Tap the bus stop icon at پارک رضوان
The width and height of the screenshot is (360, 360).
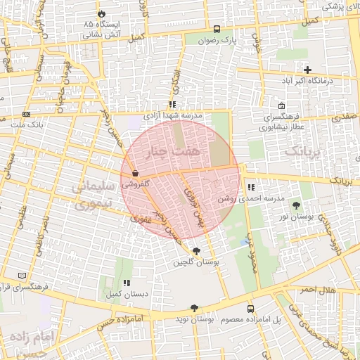pos(216,30)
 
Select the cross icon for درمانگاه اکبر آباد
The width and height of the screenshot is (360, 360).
pos(307,69)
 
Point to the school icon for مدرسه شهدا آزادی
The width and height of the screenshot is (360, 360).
pos(172,104)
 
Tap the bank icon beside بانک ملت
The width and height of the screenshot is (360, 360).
pos(27,114)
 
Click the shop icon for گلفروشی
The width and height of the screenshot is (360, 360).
pos(134,173)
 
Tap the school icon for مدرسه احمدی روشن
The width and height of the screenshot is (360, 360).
pos(251,188)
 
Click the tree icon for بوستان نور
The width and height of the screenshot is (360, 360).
pos(296,205)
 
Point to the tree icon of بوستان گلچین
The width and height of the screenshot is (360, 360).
pos(195,251)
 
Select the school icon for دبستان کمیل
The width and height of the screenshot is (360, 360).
pos(127,283)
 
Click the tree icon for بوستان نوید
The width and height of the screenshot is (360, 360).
pos(195,308)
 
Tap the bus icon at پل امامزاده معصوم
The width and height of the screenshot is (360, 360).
pos(250,309)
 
